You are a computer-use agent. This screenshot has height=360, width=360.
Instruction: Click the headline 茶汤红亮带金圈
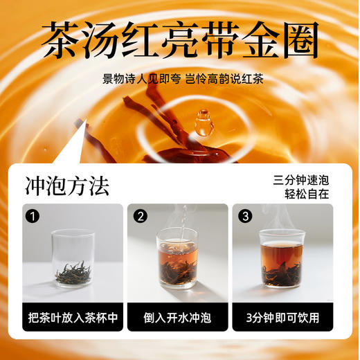pos(180,40)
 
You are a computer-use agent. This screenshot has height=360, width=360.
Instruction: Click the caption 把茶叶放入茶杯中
pos(73,318)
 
